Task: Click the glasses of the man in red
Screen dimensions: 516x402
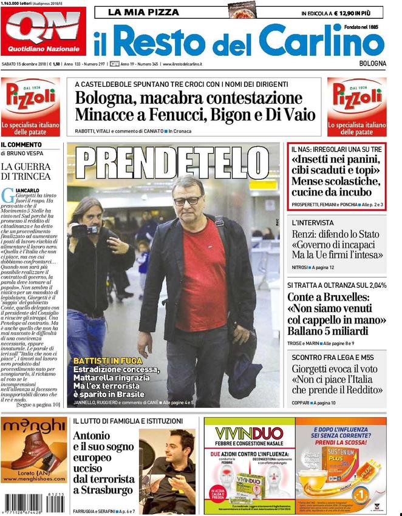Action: (x=187, y=200)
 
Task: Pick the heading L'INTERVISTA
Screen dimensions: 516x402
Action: (x=312, y=223)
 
